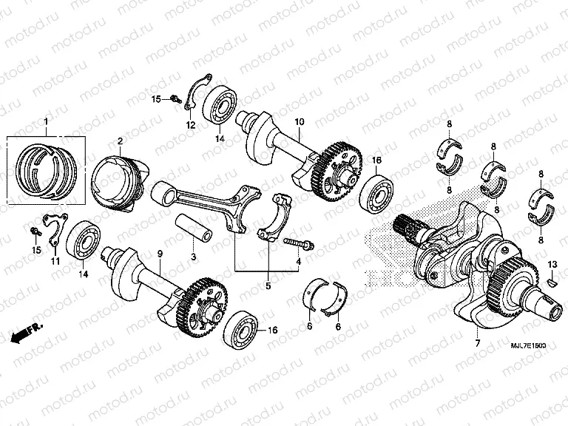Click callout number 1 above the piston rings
(x=46, y=121)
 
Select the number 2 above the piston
(x=120, y=141)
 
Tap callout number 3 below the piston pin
(x=193, y=256)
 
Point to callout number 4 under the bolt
(x=299, y=262)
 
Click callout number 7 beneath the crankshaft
(x=478, y=343)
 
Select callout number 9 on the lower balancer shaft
(x=159, y=254)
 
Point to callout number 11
(x=54, y=260)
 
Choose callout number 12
(x=191, y=126)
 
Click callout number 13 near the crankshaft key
(x=552, y=264)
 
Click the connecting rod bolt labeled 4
(x=296, y=243)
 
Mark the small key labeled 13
(x=552, y=281)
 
